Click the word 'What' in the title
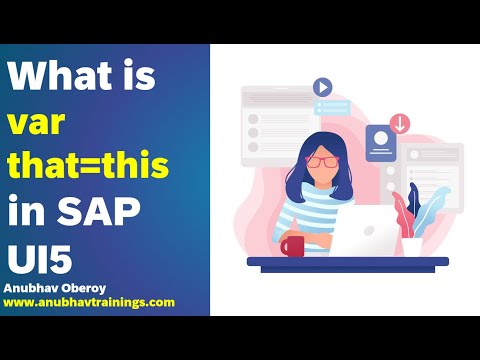[55, 76]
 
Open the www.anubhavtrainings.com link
[89, 301]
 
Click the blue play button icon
[322, 87]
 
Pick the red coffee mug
[292, 245]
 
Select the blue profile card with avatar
[381, 144]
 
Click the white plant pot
[411, 246]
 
